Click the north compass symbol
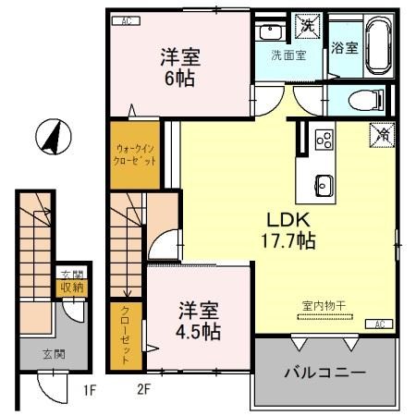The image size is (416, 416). pyautogui.click(x=50, y=139)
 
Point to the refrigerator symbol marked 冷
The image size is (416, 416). pyautogui.click(x=379, y=134)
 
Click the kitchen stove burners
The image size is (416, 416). pyautogui.click(x=324, y=140)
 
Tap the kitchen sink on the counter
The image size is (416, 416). pyautogui.click(x=323, y=179)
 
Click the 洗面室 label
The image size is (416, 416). pyautogui.click(x=288, y=54)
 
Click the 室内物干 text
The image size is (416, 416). pyautogui.click(x=316, y=306)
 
